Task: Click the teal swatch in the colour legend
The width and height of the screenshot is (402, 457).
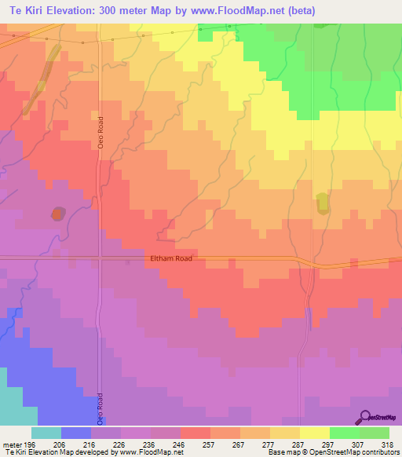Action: (46, 433)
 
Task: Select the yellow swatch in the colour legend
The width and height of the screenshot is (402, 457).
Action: (314, 433)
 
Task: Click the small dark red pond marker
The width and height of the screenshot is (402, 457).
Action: (57, 214)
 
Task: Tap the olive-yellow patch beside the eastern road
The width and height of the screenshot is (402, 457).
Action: (322, 203)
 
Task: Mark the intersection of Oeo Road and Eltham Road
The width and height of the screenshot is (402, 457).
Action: (100, 258)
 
